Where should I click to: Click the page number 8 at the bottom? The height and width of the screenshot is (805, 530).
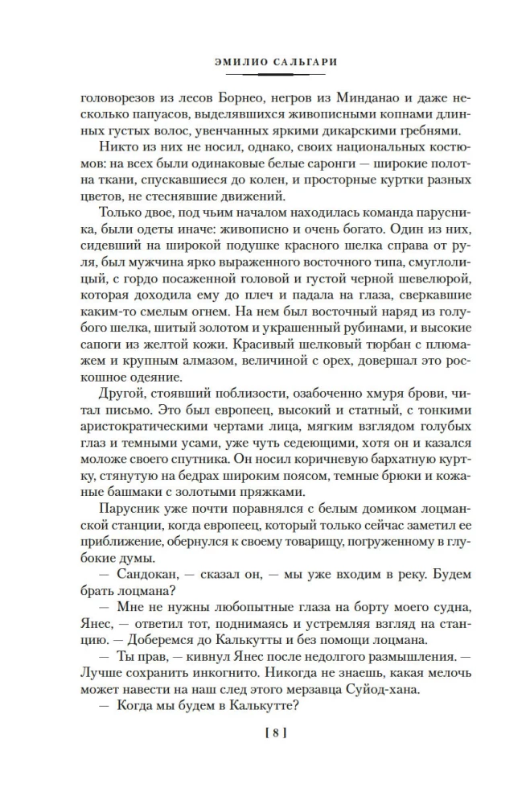(x=265, y=733)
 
